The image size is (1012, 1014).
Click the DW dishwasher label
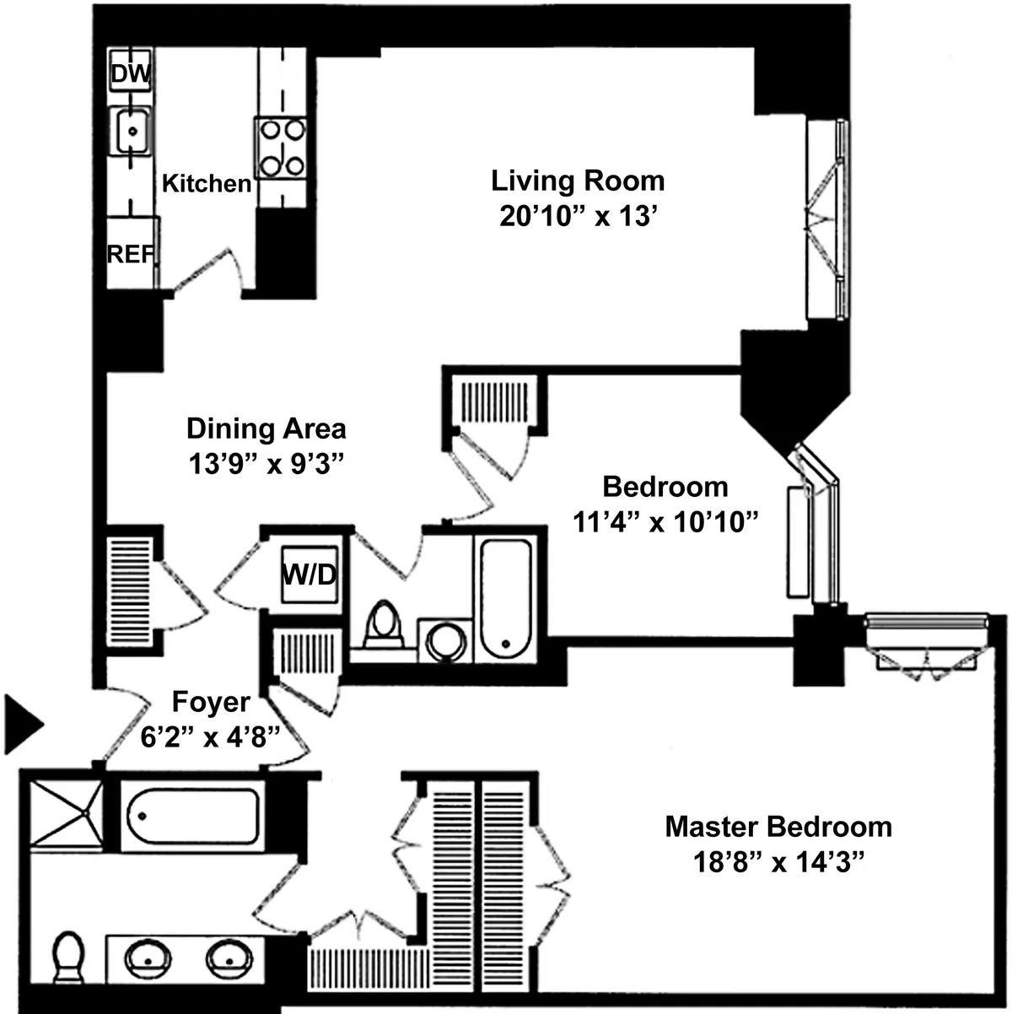[131, 74]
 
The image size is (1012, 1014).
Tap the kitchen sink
[132, 131]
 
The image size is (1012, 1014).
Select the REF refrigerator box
[131, 252]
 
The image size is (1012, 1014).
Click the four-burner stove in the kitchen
[281, 148]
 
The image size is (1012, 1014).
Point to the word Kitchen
[206, 183]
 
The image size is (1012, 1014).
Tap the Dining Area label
[266, 428]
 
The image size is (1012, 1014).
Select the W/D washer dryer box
[308, 575]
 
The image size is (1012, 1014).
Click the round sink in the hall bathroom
[444, 640]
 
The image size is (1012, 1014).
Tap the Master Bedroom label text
[778, 826]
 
